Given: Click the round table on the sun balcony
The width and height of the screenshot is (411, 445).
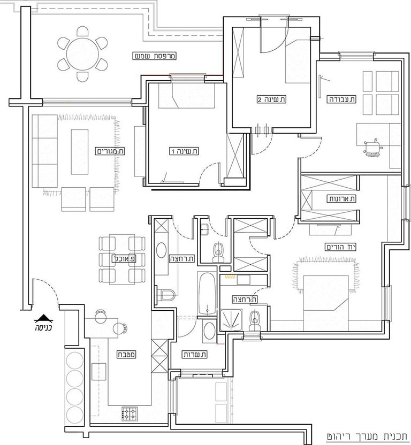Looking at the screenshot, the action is click(x=82, y=53).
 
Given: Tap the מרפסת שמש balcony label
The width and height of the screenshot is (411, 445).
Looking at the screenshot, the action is click(x=155, y=56).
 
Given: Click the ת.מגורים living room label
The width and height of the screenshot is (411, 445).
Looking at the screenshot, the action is click(x=110, y=151).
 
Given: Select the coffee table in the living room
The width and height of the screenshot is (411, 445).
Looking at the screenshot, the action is click(x=80, y=152).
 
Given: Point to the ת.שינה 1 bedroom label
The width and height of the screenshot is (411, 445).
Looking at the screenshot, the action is click(x=184, y=151).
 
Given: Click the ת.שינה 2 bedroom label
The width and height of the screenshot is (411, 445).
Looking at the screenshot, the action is click(x=271, y=99).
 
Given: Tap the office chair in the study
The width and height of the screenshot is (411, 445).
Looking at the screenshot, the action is click(x=372, y=148).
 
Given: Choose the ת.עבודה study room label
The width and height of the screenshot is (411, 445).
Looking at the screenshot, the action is click(x=341, y=99).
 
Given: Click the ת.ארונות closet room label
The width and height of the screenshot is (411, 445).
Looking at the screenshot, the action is click(x=342, y=198).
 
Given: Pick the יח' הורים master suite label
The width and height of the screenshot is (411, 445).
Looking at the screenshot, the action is click(x=341, y=247).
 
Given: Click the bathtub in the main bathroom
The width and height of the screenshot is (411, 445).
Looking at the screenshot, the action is click(x=207, y=294).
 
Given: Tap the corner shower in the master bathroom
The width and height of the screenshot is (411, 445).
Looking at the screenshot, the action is click(x=231, y=319).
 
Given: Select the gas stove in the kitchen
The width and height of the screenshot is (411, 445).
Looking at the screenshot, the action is click(x=130, y=414).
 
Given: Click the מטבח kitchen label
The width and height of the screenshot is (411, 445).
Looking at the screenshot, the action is click(x=127, y=355).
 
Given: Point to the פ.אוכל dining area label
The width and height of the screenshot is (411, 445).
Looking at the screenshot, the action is click(x=124, y=258).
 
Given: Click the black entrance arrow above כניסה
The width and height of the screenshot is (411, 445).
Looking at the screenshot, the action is click(x=43, y=319).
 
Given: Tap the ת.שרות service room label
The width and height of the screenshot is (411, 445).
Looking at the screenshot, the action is click(x=195, y=354).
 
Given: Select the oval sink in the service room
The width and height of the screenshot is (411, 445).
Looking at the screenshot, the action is click(x=210, y=331).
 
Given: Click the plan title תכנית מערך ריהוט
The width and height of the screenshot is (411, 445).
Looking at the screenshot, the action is click(x=367, y=436).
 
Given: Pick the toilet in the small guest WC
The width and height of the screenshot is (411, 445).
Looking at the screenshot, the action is click(x=218, y=251).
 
